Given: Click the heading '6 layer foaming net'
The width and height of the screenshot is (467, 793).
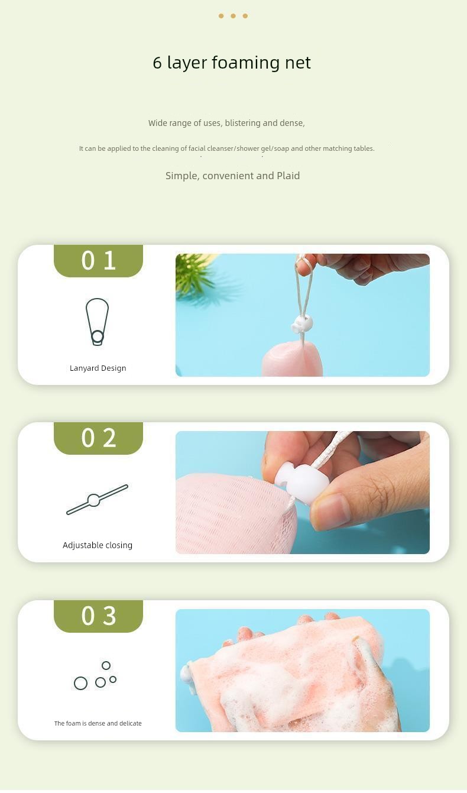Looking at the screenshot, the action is pyautogui.click(x=232, y=63).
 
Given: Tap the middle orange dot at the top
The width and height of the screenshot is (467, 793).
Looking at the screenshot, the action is pyautogui.click(x=233, y=16).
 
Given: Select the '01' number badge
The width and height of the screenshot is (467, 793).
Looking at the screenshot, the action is pyautogui.click(x=98, y=261).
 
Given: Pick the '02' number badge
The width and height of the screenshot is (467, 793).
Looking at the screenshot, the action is pyautogui.click(x=98, y=438).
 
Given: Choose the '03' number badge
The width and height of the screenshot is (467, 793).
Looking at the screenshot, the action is pyautogui.click(x=98, y=616).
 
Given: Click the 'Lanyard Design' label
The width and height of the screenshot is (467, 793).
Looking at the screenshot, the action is pyautogui.click(x=98, y=368).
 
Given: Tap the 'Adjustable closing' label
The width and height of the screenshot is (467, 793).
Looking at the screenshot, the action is pyautogui.click(x=98, y=545).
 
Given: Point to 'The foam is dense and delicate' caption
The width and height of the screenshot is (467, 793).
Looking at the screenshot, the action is pyautogui.click(x=98, y=723).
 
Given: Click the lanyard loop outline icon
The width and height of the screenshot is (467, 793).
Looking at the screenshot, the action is pyautogui.click(x=87, y=319).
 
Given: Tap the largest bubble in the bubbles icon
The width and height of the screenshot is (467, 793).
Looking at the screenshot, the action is pyautogui.click(x=80, y=683).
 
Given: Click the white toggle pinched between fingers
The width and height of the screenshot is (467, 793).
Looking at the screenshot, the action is pyautogui.click(x=294, y=483).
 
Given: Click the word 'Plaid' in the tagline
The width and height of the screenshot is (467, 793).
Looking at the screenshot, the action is pyautogui.click(x=288, y=176).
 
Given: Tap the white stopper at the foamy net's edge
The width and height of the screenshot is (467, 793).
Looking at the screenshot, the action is pyautogui.click(x=187, y=677).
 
